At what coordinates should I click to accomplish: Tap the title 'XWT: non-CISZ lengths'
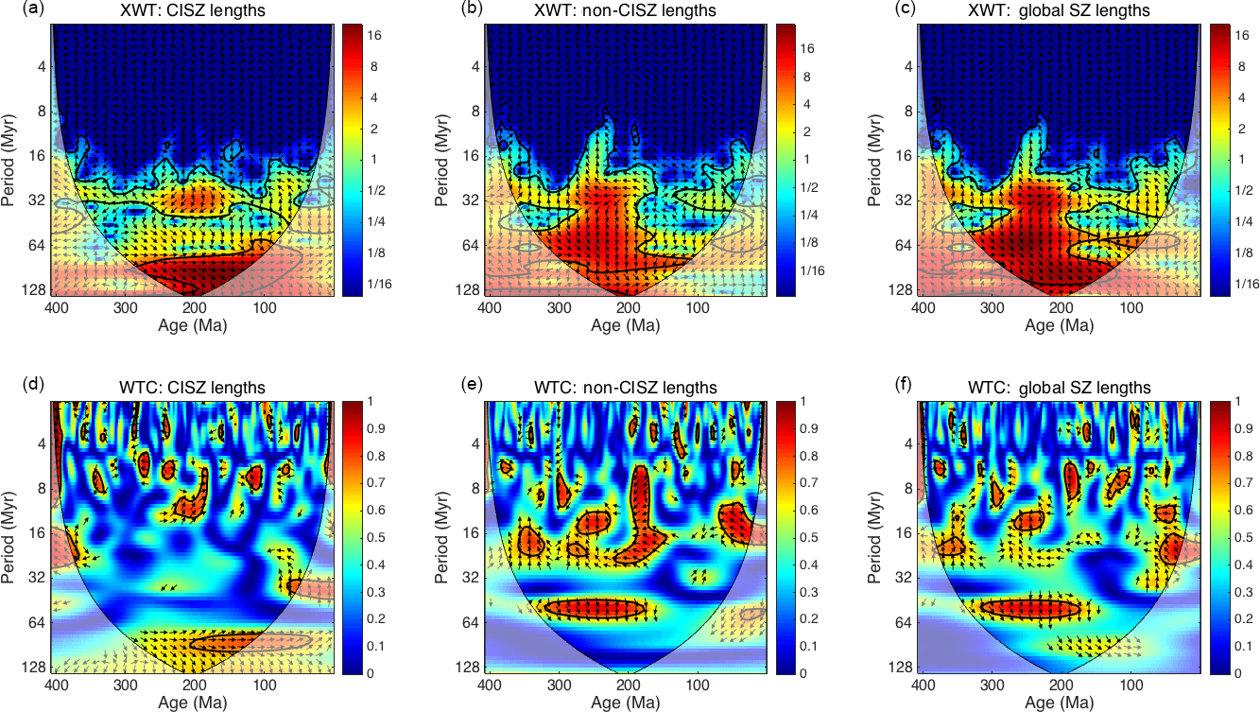625,10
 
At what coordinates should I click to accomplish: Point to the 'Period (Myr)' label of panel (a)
12,158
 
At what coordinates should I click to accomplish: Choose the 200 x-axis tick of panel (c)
1061,308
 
